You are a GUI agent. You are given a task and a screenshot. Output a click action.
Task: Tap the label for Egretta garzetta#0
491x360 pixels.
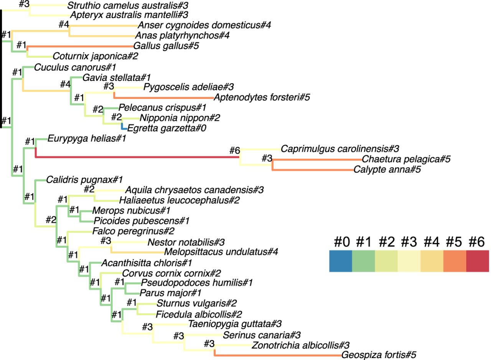(166, 128)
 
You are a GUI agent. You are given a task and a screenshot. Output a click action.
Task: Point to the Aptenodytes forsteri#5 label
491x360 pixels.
(262, 97)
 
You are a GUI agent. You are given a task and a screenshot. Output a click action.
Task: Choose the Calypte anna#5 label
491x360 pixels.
(387, 169)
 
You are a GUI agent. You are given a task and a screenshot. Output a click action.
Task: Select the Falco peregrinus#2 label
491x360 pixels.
(133, 231)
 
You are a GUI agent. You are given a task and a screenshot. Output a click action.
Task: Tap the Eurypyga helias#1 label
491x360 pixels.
(87, 138)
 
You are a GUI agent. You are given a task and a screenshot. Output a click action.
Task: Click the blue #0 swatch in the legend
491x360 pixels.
(340, 261)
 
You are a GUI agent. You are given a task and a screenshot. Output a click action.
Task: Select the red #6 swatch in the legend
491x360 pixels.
(478, 261)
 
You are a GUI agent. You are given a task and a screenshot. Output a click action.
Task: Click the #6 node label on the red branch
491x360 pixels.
(234, 150)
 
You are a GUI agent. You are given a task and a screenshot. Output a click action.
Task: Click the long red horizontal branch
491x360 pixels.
(134, 156)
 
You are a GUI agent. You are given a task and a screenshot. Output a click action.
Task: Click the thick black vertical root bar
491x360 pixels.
(1, 69)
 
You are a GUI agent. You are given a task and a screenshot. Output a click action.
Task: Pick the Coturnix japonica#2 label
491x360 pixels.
(95, 56)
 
